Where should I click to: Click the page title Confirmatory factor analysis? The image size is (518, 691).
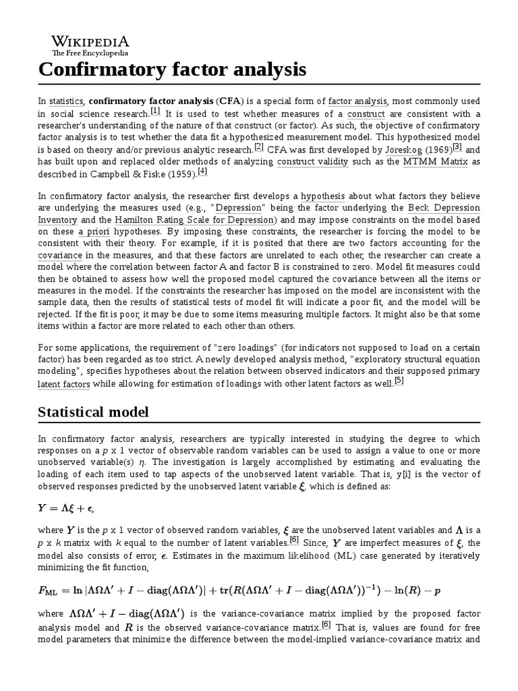pos(172,70)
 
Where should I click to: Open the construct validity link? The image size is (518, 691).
pos(312,162)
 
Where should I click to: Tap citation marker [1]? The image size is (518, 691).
pos(155,111)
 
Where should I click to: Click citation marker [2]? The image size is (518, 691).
pos(259,147)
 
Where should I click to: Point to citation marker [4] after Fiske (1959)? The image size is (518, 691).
pos(202,171)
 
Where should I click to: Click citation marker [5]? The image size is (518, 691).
pos(399,381)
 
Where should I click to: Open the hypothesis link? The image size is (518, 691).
pos(322,196)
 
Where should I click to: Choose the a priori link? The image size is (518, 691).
pos(96,232)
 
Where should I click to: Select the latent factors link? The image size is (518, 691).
pos(63,385)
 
